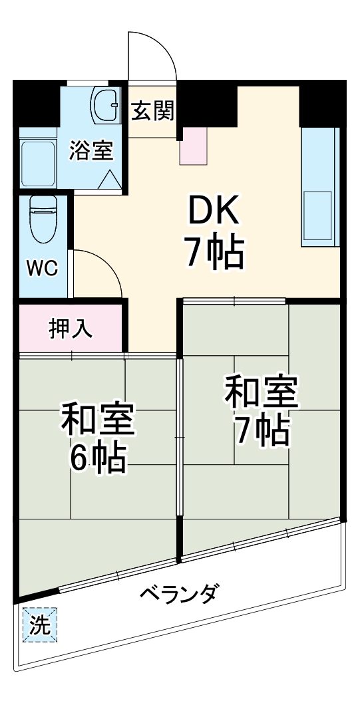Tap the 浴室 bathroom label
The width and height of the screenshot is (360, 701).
91,150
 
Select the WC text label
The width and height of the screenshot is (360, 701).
43,268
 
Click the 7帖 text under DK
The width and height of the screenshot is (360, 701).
214,253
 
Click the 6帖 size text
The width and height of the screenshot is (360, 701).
98,456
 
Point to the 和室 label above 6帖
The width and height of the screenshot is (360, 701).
98,418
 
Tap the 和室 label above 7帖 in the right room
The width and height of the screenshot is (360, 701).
262,392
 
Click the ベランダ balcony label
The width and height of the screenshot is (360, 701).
178,593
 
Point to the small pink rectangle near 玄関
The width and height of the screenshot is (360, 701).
194,146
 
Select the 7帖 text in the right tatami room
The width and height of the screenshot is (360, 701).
262,431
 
